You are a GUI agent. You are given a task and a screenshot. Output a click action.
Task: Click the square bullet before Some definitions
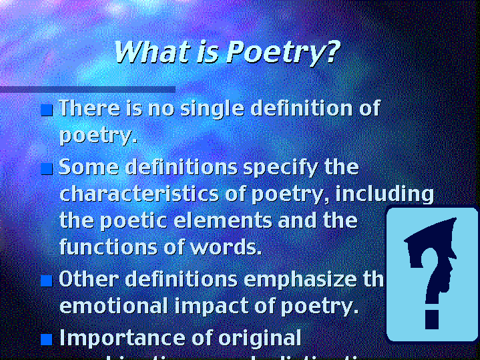(46, 169)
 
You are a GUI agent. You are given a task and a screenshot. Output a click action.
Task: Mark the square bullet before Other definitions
(46, 281)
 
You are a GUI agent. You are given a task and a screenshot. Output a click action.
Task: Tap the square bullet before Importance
(46, 339)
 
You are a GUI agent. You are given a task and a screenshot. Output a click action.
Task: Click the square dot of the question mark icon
(432, 319)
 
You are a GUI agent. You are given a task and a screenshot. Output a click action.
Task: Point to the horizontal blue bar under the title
(87, 89)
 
